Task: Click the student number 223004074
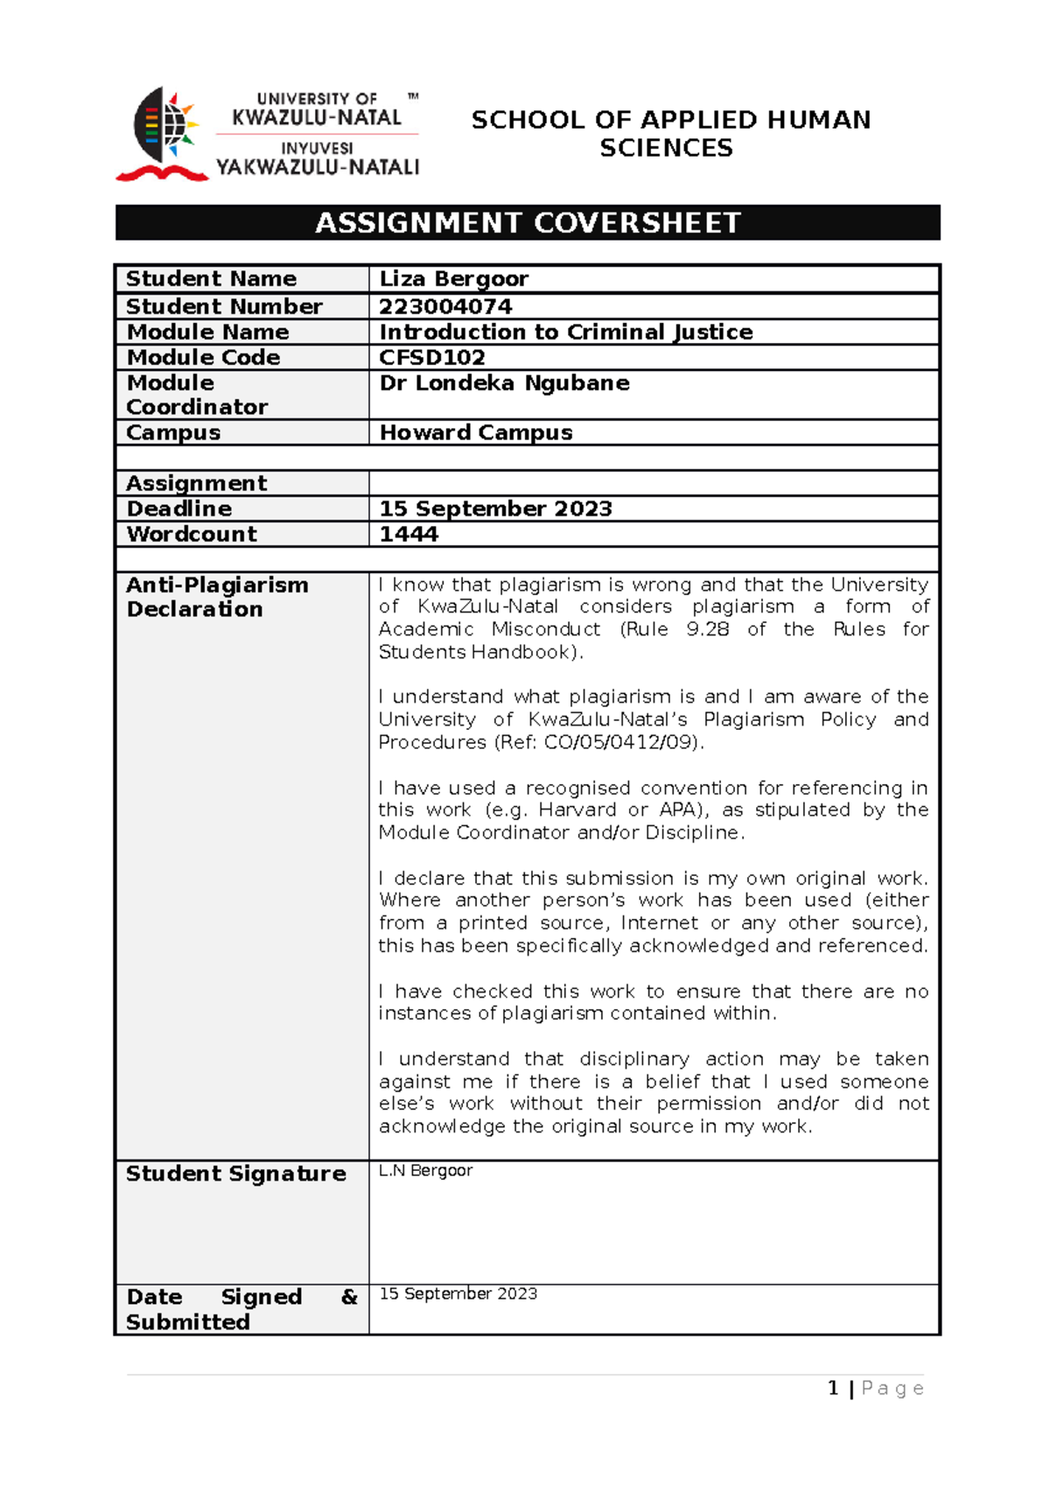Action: coord(445,306)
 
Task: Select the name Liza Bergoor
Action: coord(453,279)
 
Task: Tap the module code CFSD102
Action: coord(431,357)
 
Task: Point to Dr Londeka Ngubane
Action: coord(504,383)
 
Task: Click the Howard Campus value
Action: coord(475,432)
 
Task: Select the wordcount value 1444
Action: coord(408,534)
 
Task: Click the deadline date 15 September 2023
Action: coord(495,508)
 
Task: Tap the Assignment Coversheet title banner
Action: coord(528,223)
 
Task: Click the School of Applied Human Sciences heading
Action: coord(670,134)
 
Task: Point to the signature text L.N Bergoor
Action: coord(425,1171)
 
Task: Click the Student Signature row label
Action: coord(235,1174)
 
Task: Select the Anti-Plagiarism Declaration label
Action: coord(216,597)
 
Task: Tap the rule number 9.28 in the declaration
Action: coord(707,629)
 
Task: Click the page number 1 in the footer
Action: coord(833,1388)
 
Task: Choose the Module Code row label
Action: coord(203,357)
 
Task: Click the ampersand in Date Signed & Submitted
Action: coord(349,1297)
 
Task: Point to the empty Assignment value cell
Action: coord(653,483)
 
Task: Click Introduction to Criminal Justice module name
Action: coord(565,333)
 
